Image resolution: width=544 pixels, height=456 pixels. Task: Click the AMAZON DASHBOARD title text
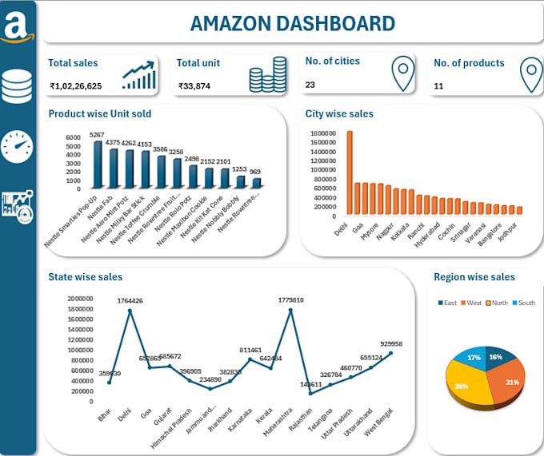292,23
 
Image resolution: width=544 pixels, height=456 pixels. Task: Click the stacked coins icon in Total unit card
268,74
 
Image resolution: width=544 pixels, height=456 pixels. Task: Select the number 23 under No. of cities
310,84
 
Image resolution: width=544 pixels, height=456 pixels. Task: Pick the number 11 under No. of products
438,85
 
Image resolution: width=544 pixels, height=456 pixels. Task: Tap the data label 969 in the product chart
254,172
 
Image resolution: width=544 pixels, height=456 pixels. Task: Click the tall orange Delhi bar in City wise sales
350,172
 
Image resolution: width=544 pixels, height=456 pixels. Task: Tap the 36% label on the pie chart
462,386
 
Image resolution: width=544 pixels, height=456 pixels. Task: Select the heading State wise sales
86,277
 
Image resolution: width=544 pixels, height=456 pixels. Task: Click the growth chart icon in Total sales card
139,75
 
